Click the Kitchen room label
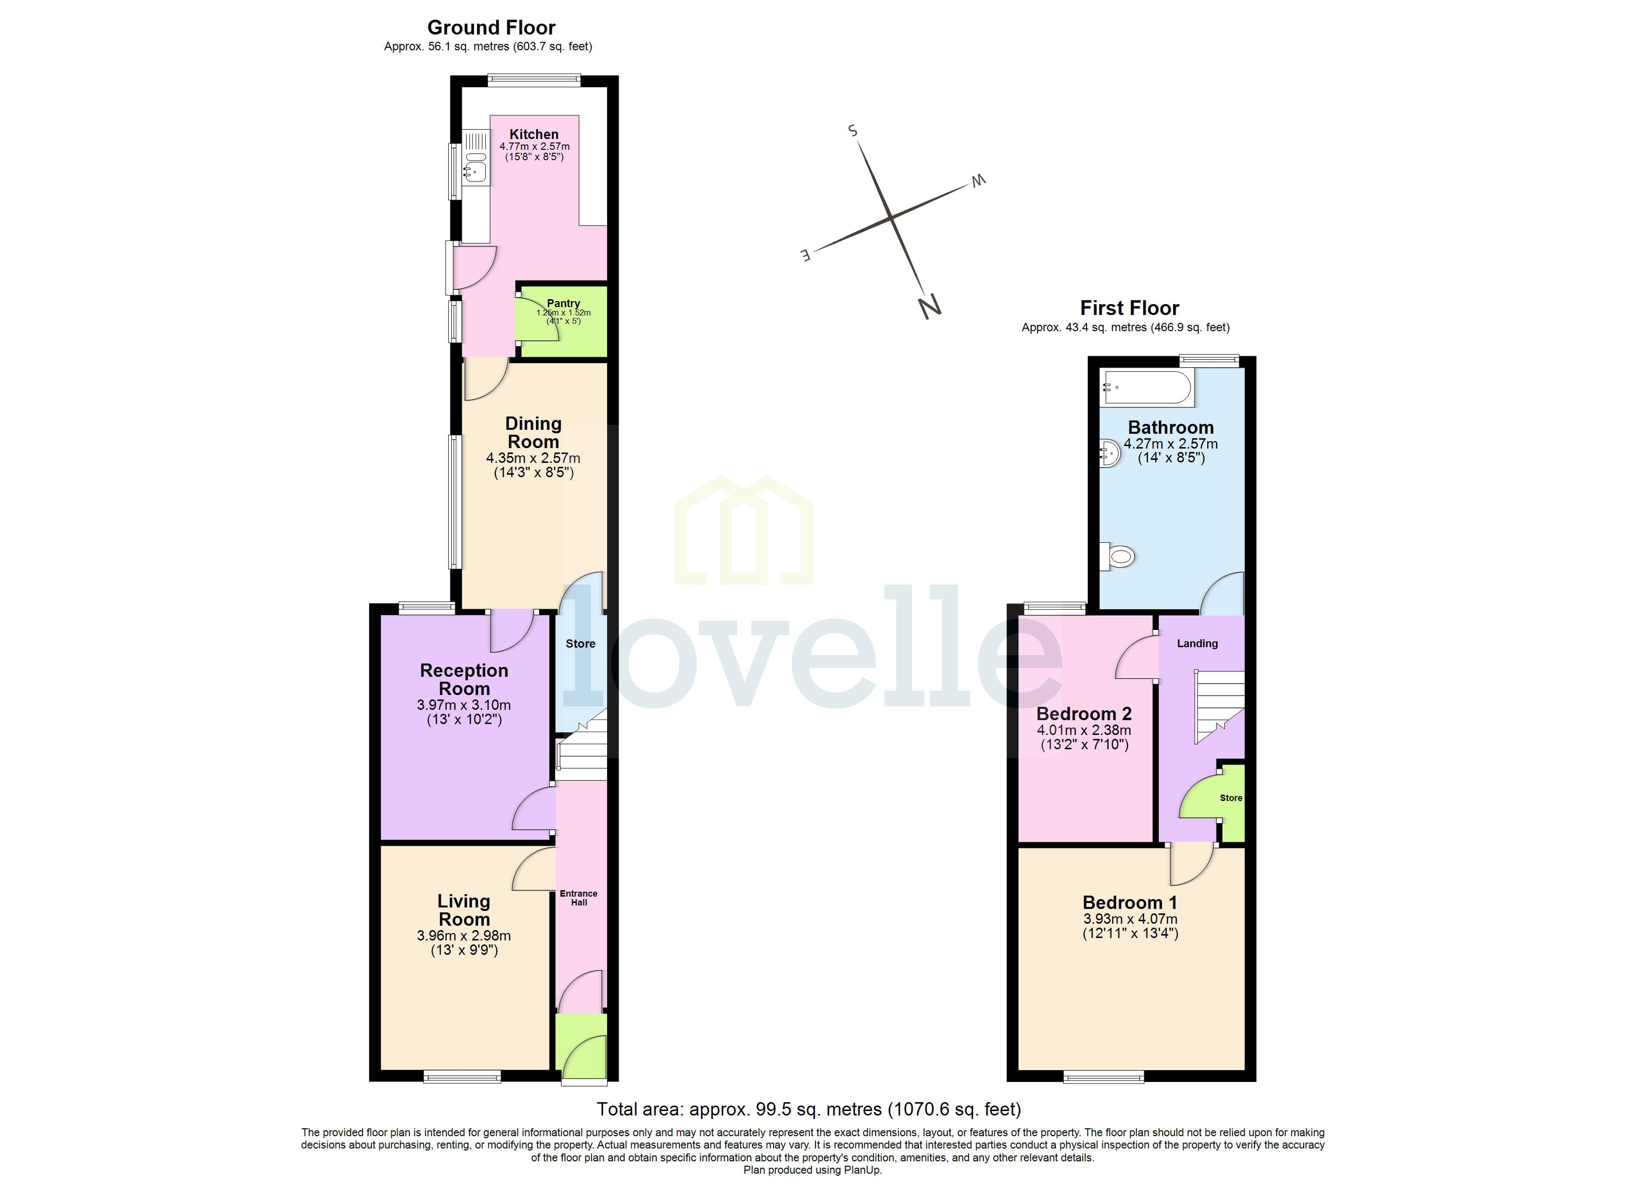point(534,134)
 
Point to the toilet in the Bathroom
point(1118,556)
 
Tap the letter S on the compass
point(852,130)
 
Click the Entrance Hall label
point(578,898)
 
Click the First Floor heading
point(1129,309)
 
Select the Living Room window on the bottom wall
point(462,1076)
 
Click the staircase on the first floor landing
point(1219,707)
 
